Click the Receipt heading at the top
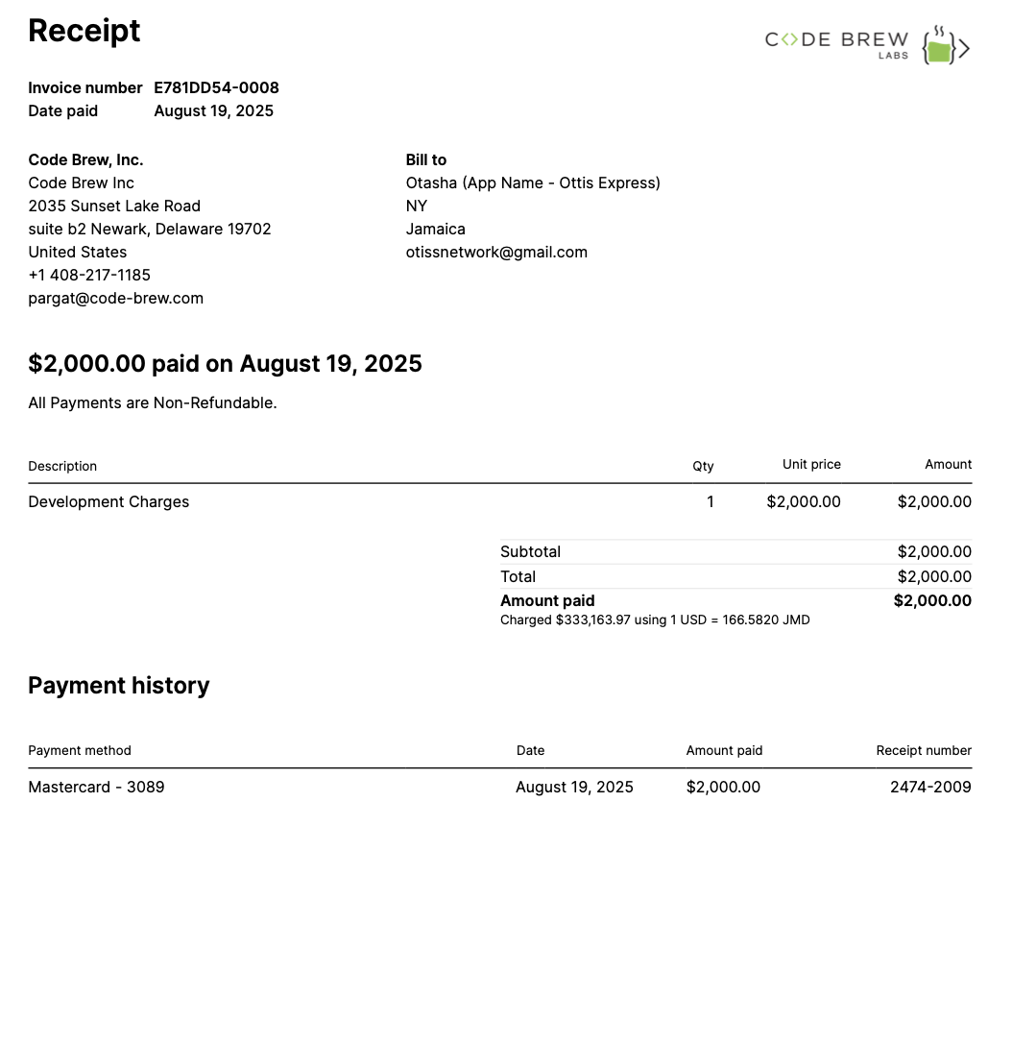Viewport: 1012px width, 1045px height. (84, 31)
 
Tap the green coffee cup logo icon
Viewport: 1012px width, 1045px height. (941, 48)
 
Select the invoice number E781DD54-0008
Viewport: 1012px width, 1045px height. (216, 87)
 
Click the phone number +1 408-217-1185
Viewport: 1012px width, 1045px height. (89, 275)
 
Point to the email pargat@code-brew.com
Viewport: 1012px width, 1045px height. (115, 298)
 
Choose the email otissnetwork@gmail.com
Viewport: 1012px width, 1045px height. (496, 252)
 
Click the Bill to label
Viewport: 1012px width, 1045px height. (426, 159)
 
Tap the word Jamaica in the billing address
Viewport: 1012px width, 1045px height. (436, 229)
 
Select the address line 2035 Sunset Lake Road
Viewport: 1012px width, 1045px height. (114, 206)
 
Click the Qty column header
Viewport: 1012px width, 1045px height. (703, 466)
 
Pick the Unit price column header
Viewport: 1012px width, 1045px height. (811, 464)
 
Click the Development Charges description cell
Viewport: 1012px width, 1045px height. (108, 501)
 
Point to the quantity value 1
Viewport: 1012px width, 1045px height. (710, 501)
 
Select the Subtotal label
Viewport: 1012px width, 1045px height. (530, 551)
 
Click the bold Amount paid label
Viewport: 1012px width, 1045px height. (547, 600)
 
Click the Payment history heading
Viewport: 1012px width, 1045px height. (118, 685)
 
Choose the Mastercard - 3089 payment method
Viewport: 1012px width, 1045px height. (96, 787)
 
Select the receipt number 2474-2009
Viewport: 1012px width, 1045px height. (930, 787)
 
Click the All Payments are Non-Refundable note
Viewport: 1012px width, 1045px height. (153, 402)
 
